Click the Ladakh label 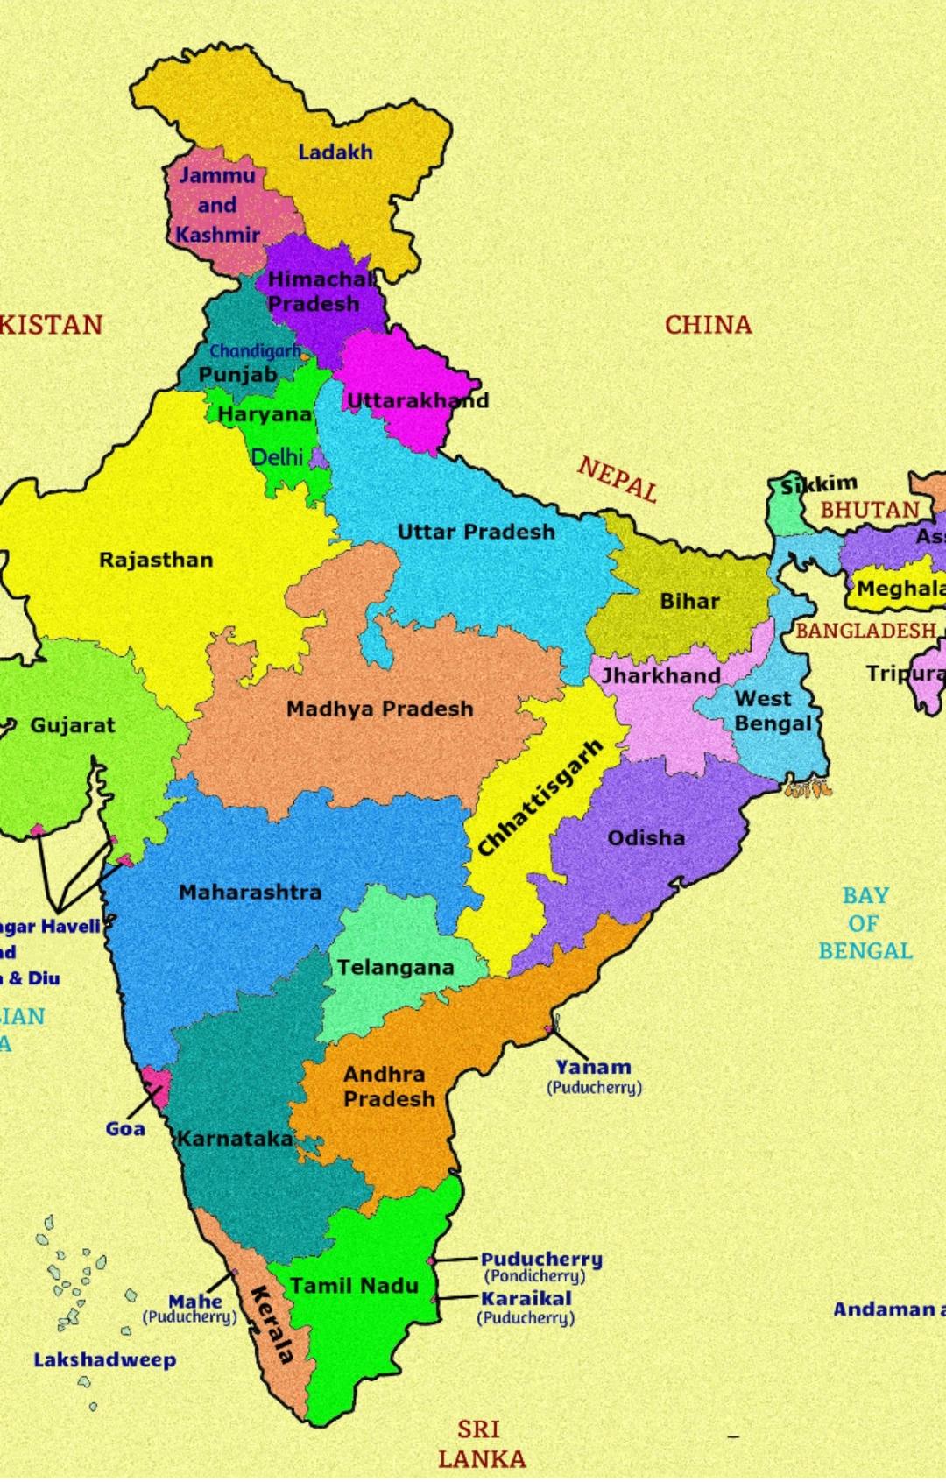pyautogui.click(x=335, y=152)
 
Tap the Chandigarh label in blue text pyautogui.click(x=254, y=351)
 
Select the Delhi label pyautogui.click(x=277, y=457)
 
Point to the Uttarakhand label pyautogui.click(x=418, y=401)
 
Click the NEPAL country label pyautogui.click(x=618, y=479)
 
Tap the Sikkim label pyautogui.click(x=819, y=483)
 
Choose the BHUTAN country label pyautogui.click(x=869, y=510)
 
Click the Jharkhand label pyautogui.click(x=660, y=676)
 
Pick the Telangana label pyautogui.click(x=395, y=968)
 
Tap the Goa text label pyautogui.click(x=125, y=1128)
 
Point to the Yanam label pyautogui.click(x=593, y=1067)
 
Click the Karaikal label pyautogui.click(x=526, y=1298)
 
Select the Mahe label pyautogui.click(x=194, y=1302)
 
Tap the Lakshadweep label pyautogui.click(x=104, y=1360)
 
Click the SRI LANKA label pyautogui.click(x=481, y=1443)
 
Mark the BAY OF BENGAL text pyautogui.click(x=865, y=923)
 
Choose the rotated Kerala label pyautogui.click(x=272, y=1325)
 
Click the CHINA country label pyautogui.click(x=708, y=325)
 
